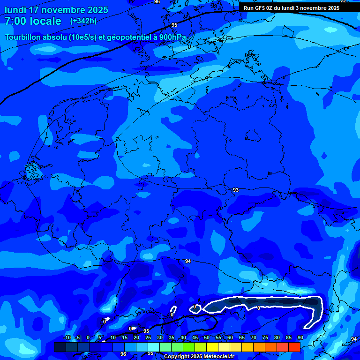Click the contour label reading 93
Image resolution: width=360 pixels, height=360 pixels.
[235, 190]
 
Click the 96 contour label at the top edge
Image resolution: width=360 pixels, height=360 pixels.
[157, 2]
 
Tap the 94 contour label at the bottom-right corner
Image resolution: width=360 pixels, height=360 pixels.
[353, 339]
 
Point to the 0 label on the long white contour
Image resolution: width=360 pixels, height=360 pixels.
[258, 308]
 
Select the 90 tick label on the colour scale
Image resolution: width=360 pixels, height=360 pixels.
[300, 338]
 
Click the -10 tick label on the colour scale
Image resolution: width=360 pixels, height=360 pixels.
[67, 338]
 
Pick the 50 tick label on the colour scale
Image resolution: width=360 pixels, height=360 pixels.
[207, 338]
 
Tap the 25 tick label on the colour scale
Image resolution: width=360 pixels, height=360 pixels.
[148, 338]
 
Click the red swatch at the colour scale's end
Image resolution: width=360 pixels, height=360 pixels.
[294, 347]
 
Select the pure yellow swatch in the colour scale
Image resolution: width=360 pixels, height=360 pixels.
[212, 347]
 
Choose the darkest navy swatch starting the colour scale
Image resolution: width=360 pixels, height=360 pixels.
[60, 347]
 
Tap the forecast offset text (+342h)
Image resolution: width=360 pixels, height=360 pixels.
[83, 21]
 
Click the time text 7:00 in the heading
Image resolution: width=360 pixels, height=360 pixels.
[16, 21]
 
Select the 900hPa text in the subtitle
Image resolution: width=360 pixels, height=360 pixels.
[172, 37]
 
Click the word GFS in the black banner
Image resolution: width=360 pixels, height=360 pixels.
[262, 8]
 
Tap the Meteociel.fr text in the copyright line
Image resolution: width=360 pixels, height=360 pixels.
[218, 357]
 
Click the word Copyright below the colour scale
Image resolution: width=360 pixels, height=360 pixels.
[177, 357]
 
